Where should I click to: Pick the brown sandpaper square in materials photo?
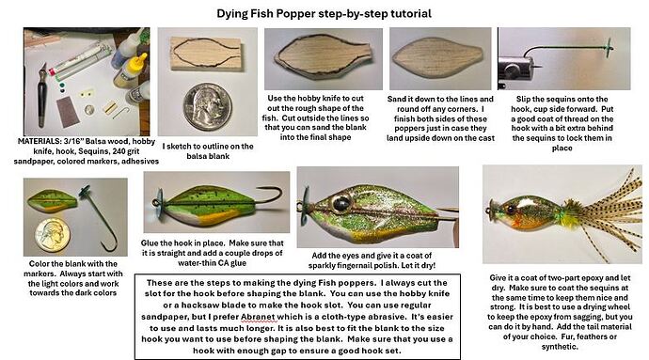pos(66,111)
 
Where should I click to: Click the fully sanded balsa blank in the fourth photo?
pos(439,58)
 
